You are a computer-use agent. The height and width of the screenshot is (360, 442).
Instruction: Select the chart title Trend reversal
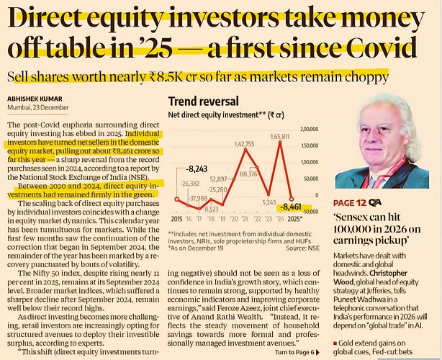pos(199,102)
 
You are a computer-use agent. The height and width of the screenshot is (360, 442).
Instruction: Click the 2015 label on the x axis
pos(176,218)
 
